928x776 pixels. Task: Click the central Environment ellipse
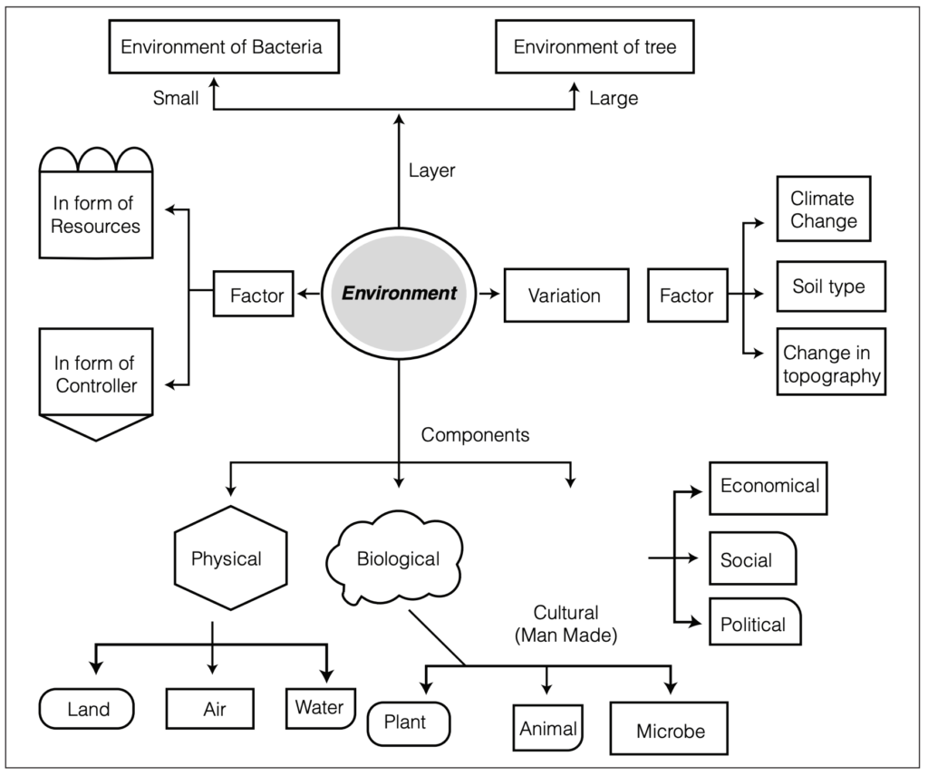(x=399, y=294)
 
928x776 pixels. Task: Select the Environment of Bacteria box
(x=224, y=47)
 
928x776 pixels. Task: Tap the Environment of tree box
(x=594, y=47)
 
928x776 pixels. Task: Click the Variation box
(x=566, y=296)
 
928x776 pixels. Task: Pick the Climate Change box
(x=824, y=209)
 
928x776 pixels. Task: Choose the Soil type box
(x=831, y=286)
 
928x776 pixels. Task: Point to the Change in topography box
(x=831, y=362)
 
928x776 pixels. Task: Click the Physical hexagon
(x=231, y=558)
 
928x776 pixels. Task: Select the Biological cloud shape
(x=395, y=558)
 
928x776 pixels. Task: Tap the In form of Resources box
(x=96, y=203)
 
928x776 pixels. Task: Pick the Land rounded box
(x=86, y=709)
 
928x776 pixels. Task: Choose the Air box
(x=210, y=709)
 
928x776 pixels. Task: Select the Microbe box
(x=669, y=729)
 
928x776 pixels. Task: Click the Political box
(x=755, y=622)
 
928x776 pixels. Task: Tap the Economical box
(x=768, y=489)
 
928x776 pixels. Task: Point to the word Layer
(x=432, y=170)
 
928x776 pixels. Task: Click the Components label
(x=475, y=435)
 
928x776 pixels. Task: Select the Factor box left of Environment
(x=254, y=295)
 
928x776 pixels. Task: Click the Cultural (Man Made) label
(x=565, y=624)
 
